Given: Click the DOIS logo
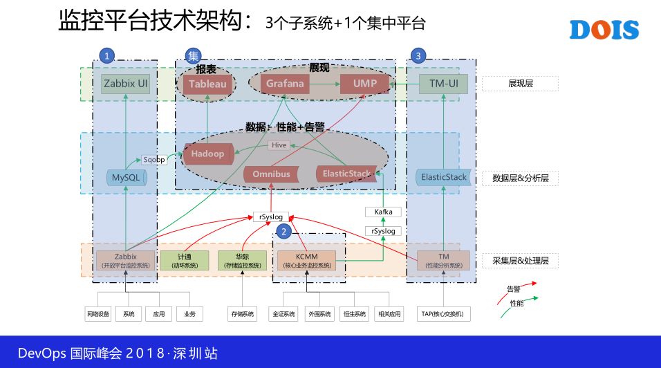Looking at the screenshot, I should tap(604, 30).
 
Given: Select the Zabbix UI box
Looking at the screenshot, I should tap(125, 84).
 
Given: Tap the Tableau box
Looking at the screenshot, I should tap(207, 84).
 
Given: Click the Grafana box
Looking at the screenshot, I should tap(285, 84).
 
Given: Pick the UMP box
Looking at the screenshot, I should tap(364, 84).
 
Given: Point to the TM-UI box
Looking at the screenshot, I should tap(443, 84).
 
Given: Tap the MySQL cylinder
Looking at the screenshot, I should tap(125, 178).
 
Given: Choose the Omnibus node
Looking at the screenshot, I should tap(271, 174).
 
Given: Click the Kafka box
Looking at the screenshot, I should tap(383, 212).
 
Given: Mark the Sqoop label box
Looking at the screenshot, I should tap(154, 160).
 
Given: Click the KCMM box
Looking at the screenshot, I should tap(306, 260).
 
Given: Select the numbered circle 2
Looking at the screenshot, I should tap(282, 231).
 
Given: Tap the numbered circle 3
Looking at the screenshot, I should tap(418, 55).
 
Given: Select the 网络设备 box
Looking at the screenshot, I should tap(98, 314).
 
